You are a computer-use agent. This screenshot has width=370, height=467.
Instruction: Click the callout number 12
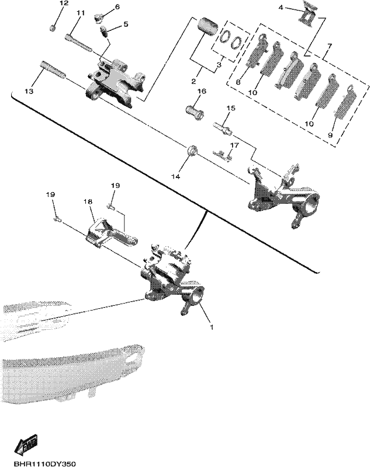click(x=64, y=4)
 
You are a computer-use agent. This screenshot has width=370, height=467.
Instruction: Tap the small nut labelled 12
click(x=53, y=28)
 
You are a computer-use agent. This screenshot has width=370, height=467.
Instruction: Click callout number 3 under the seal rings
click(x=219, y=65)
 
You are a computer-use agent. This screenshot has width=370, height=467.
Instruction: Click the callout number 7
click(x=329, y=46)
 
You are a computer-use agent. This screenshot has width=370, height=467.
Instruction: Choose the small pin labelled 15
click(x=222, y=128)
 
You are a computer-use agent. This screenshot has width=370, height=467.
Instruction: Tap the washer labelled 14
click(x=192, y=150)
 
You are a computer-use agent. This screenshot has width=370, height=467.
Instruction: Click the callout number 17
click(x=234, y=145)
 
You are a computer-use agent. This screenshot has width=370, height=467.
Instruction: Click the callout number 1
click(x=212, y=327)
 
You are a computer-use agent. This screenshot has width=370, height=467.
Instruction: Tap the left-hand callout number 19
click(x=50, y=194)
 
